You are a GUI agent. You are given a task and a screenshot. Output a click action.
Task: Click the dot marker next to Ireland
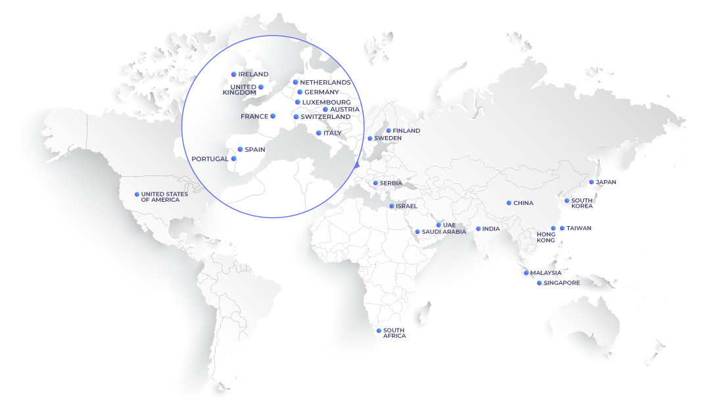tap(233, 74)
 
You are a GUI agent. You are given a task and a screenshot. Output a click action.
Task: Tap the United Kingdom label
tap(239, 89)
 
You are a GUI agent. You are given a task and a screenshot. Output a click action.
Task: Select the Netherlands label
tap(325, 82)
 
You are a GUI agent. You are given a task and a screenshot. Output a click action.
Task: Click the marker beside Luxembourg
tap(297, 102)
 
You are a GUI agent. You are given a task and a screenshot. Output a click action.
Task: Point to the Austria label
tap(344, 109)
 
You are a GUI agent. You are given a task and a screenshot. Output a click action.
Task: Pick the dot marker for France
tap(273, 116)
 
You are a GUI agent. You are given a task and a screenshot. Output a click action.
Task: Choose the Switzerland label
tap(325, 116)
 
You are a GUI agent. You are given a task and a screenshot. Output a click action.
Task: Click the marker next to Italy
tap(318, 133)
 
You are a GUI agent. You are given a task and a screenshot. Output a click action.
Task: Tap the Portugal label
tap(210, 158)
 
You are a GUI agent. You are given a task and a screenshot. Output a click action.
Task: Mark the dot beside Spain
tap(240, 149)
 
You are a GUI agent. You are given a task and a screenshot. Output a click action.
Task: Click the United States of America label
tap(164, 196)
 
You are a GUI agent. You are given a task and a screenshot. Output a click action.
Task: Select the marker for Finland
tap(388, 131)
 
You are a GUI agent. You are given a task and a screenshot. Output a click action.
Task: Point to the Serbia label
tap(390, 183)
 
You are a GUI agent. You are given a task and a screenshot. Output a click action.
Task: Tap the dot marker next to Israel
tap(391, 206)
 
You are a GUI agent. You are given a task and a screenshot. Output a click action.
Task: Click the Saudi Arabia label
tap(444, 231)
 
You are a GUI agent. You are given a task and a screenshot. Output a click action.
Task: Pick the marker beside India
tap(478, 229)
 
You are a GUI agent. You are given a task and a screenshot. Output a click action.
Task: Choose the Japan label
tap(605, 182)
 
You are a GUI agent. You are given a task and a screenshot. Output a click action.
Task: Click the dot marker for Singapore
tap(539, 283)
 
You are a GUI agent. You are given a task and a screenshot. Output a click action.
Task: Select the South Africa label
tap(394, 333)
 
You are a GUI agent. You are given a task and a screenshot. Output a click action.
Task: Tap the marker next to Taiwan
tap(562, 228)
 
